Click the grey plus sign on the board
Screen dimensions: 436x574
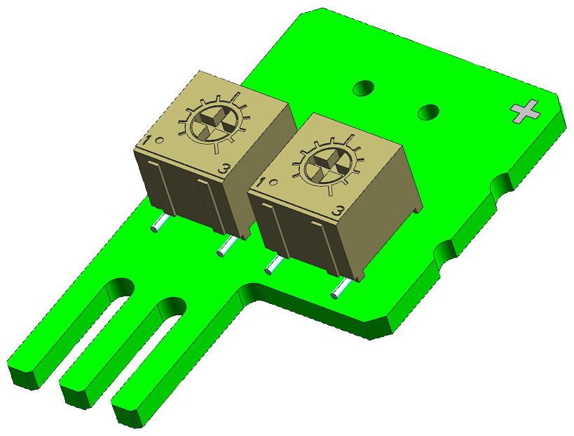525,111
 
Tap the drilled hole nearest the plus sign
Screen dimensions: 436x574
428,112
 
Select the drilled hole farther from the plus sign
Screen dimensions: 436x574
363,88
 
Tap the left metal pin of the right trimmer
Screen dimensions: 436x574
273,265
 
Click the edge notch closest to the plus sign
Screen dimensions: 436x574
503,182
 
